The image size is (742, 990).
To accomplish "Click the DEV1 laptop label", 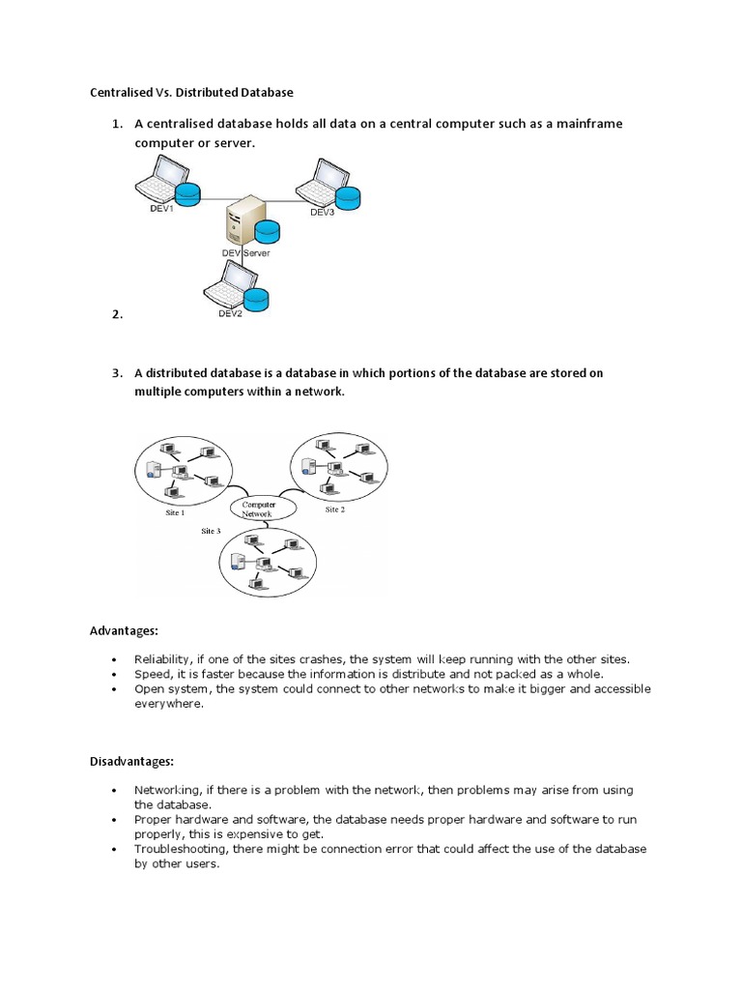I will tap(160, 209).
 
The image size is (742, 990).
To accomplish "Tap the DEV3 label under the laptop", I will tap(322, 212).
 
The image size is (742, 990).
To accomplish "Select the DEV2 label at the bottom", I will tap(230, 313).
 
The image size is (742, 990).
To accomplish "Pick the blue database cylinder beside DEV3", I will tap(346, 197).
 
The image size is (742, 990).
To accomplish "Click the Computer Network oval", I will tap(258, 509).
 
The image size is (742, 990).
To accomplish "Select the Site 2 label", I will tap(334, 510).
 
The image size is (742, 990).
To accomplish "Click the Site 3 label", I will tap(211, 531).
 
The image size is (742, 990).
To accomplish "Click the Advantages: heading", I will tap(124, 630).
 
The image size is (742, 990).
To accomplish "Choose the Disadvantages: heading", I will tap(131, 762).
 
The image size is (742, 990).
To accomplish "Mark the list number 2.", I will tap(117, 314).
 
